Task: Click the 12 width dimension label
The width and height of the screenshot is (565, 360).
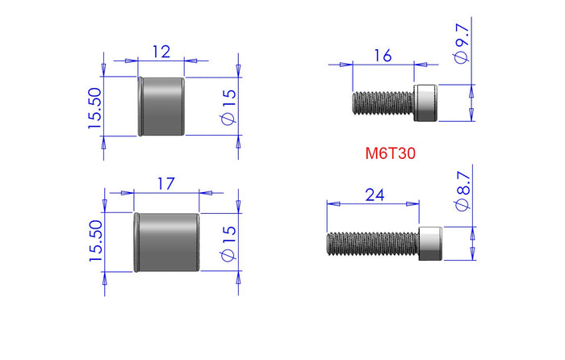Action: (161, 52)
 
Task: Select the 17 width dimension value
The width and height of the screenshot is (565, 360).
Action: (165, 184)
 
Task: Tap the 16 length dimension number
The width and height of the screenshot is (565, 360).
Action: (383, 55)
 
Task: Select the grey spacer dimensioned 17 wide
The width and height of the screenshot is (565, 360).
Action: (167, 241)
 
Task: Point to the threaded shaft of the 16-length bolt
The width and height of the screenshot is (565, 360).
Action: (383, 103)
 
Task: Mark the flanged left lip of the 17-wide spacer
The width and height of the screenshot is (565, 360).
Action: (136, 241)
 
